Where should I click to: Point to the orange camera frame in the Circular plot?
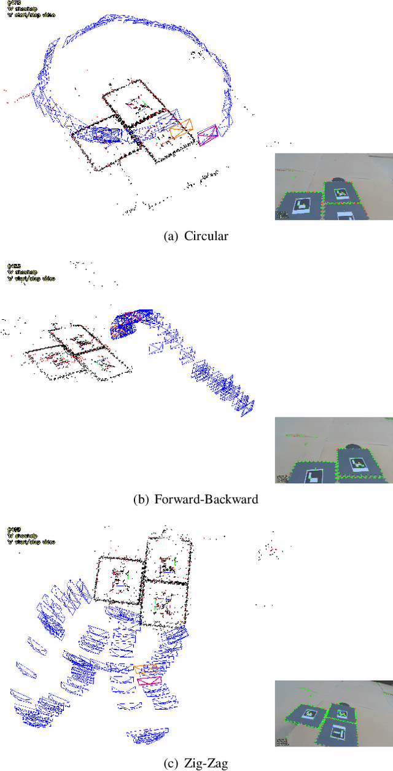pos(181,128)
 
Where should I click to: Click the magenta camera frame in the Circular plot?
pos(208,134)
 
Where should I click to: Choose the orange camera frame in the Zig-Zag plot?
pos(146,668)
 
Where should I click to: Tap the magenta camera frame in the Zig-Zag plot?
pos(149,680)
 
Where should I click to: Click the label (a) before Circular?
pos(174,236)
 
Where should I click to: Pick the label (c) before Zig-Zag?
pos(174,763)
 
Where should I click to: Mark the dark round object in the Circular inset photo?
pos(338,181)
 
